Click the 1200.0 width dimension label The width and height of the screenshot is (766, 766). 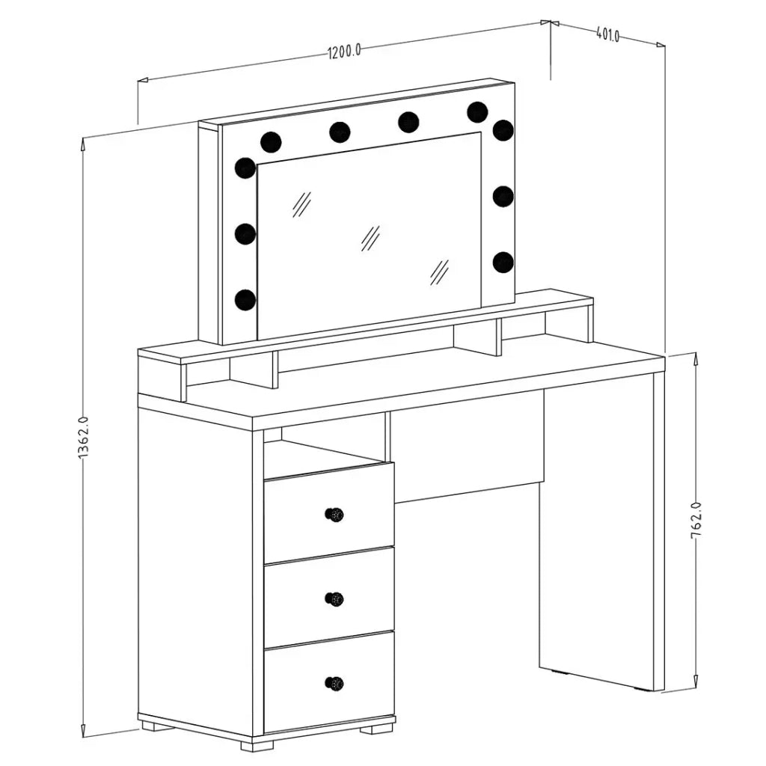tap(344, 50)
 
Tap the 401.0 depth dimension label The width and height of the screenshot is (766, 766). tap(607, 34)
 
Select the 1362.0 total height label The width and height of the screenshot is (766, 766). tap(82, 437)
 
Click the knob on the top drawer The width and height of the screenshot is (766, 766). tap(334, 514)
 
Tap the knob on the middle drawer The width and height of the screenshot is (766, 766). tap(334, 598)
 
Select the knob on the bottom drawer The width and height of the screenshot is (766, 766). tap(334, 682)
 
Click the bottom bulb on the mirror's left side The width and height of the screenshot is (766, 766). tap(245, 299)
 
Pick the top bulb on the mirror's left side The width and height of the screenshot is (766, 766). tap(245, 168)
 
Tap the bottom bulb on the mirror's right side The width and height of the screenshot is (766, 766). tap(503, 262)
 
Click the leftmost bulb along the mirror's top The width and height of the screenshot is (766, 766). tap(271, 141)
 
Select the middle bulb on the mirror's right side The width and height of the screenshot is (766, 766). tap(503, 196)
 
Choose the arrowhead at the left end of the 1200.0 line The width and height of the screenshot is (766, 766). tap(143, 80)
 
